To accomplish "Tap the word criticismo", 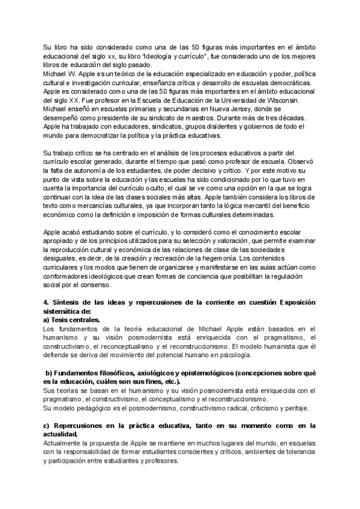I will click(251, 408).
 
